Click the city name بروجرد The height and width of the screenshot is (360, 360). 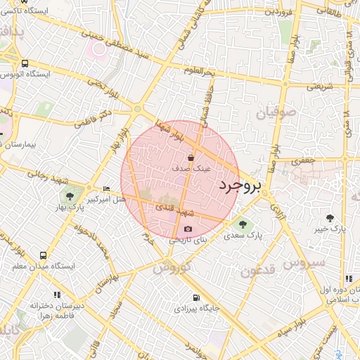coord(240,186)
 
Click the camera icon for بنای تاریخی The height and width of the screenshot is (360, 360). coord(188,229)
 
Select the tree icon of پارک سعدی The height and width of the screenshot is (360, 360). coord(243,225)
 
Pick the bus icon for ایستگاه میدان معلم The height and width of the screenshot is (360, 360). coord(44,256)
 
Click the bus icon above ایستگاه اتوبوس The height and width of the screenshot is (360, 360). coord(25,63)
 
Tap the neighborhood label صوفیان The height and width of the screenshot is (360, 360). coord(271,112)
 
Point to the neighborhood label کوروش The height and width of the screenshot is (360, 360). coord(171,268)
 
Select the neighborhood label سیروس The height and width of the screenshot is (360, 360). coord(306,263)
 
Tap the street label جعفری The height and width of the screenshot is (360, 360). coord(303,161)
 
